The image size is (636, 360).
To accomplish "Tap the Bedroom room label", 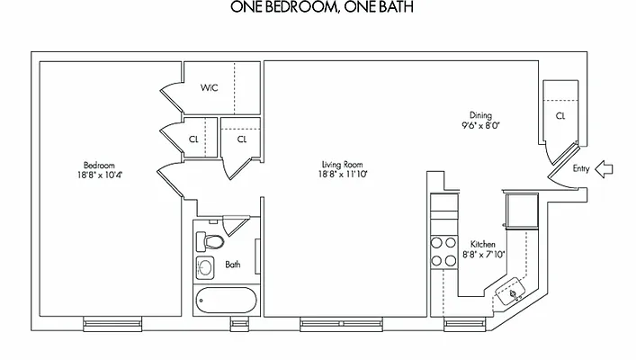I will [x=99, y=165].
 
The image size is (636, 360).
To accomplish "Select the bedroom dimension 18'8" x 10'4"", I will [x=100, y=175].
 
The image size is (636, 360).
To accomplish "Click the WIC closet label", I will [x=209, y=88].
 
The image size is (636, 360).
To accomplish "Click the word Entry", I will [x=581, y=168].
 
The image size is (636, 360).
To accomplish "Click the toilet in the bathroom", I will [x=211, y=241].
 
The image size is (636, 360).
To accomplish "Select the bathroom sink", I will [x=205, y=266].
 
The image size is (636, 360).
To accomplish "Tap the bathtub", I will [x=225, y=301].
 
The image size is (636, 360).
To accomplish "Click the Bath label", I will [x=233, y=265].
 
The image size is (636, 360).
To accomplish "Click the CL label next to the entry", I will [x=560, y=116].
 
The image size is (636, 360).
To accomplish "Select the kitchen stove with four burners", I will [x=443, y=251].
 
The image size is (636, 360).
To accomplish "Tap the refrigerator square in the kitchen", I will [x=521, y=211].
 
